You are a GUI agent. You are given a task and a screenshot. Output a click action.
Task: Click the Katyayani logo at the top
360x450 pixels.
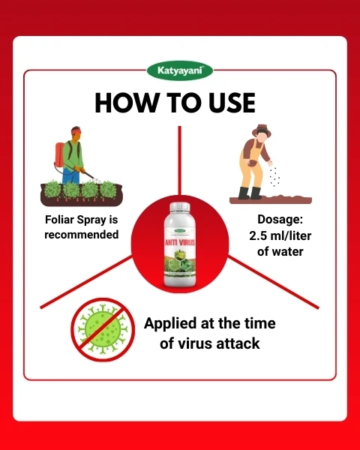pyautogui.click(x=180, y=71)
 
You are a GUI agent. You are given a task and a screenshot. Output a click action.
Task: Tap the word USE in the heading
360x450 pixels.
pyautogui.click(x=229, y=103)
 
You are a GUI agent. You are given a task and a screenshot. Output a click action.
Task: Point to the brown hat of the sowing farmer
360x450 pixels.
pyautogui.click(x=260, y=128)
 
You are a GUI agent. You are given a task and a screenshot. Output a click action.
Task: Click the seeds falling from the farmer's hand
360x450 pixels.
pyautogui.click(x=275, y=177)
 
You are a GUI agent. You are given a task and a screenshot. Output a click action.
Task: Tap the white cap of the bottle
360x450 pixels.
pyautogui.click(x=180, y=208)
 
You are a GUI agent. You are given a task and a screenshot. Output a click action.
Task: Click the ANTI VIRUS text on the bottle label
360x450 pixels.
pyautogui.click(x=180, y=241)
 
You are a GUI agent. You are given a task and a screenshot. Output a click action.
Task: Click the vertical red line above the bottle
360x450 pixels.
pyautogui.click(x=180, y=157)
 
